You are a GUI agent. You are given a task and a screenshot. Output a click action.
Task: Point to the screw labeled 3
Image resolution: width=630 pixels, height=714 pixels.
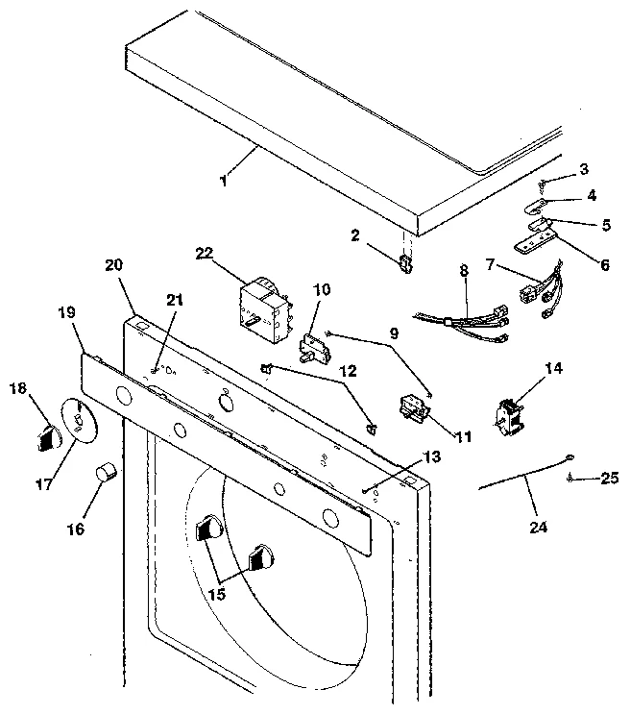coord(543,184)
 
